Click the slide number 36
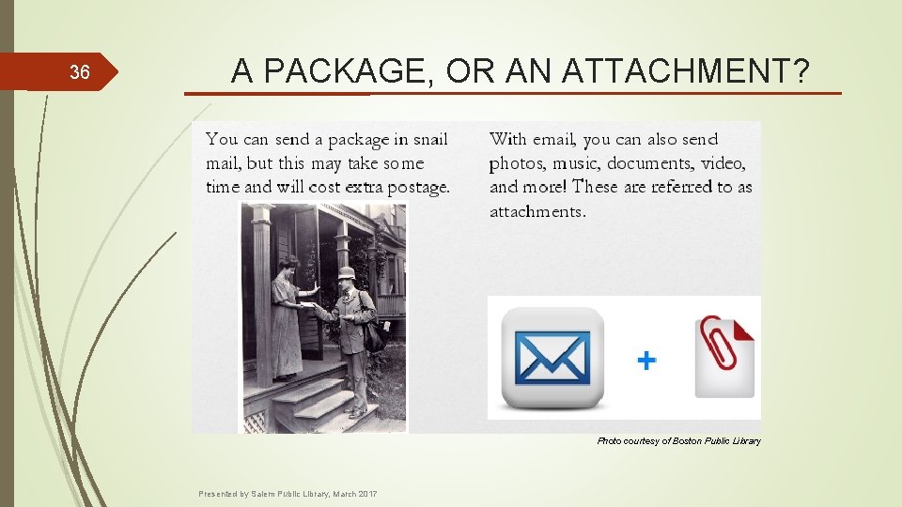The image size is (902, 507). pos(80,72)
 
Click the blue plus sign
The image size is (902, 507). pos(646,360)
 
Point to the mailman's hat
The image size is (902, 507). pos(347,272)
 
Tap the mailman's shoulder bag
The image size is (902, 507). pos(373,332)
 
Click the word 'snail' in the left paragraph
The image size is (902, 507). pos(430,140)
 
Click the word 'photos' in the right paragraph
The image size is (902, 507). pos(516,163)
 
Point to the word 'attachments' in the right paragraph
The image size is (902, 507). pos(537,211)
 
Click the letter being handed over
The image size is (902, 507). pos(306,305)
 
